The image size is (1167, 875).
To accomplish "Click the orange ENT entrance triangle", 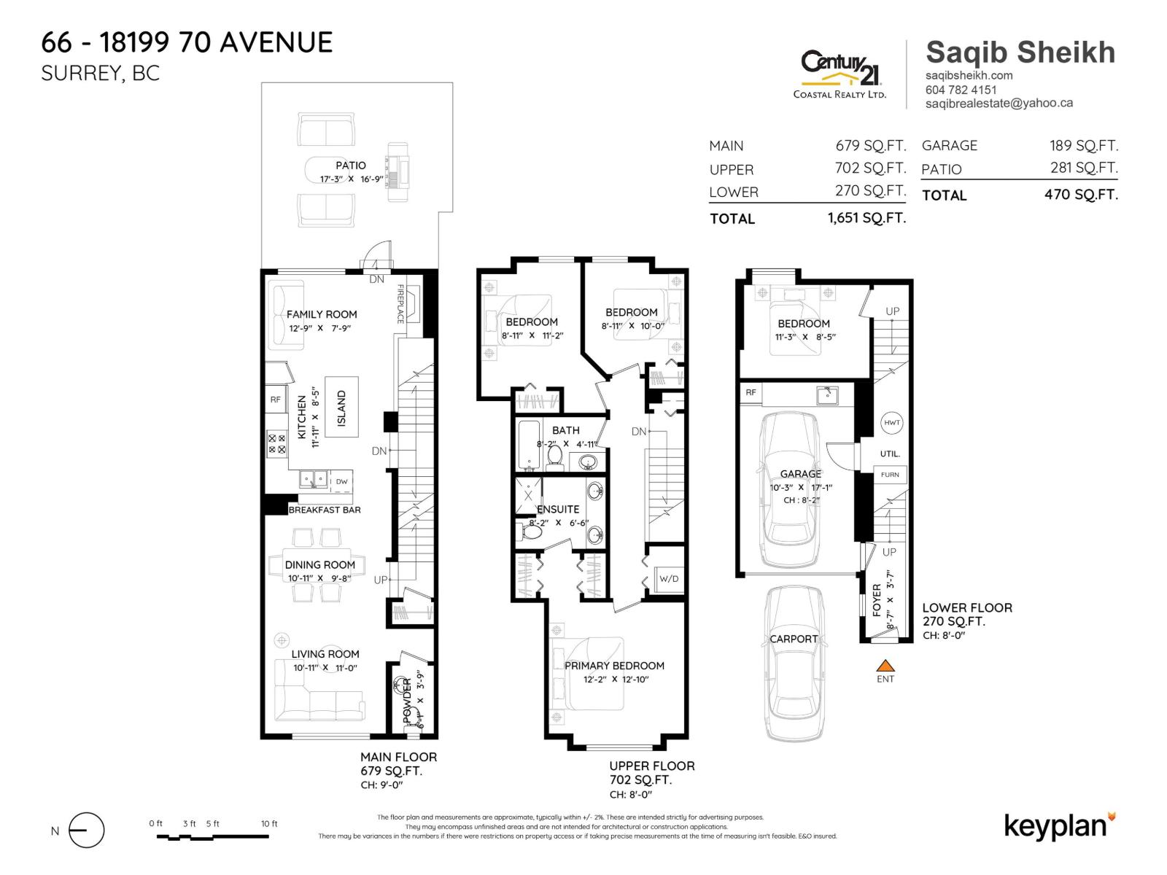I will click(885, 665).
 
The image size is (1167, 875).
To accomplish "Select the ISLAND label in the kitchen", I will click(341, 408).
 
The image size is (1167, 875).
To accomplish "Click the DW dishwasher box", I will click(341, 481).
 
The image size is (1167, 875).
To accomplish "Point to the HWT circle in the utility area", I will click(891, 422).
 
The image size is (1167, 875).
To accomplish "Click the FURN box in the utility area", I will click(890, 475).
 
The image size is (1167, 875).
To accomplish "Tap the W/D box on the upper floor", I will click(668, 579).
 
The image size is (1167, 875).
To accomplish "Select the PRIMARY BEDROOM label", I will click(614, 666).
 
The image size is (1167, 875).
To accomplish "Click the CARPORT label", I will click(794, 639).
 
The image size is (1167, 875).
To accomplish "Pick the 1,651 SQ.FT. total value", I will click(866, 217).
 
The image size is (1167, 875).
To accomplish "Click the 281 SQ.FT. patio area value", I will click(1083, 168).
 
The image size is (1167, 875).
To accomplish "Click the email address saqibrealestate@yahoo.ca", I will click(999, 104).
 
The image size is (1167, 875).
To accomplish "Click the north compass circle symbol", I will click(87, 831).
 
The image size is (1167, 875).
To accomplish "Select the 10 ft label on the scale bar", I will click(269, 824).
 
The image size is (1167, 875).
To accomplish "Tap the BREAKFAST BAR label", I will click(324, 510).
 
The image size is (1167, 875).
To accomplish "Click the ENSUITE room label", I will click(558, 509).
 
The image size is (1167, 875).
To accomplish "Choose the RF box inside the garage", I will click(751, 392).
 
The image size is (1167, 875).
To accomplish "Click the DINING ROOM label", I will click(319, 564).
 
